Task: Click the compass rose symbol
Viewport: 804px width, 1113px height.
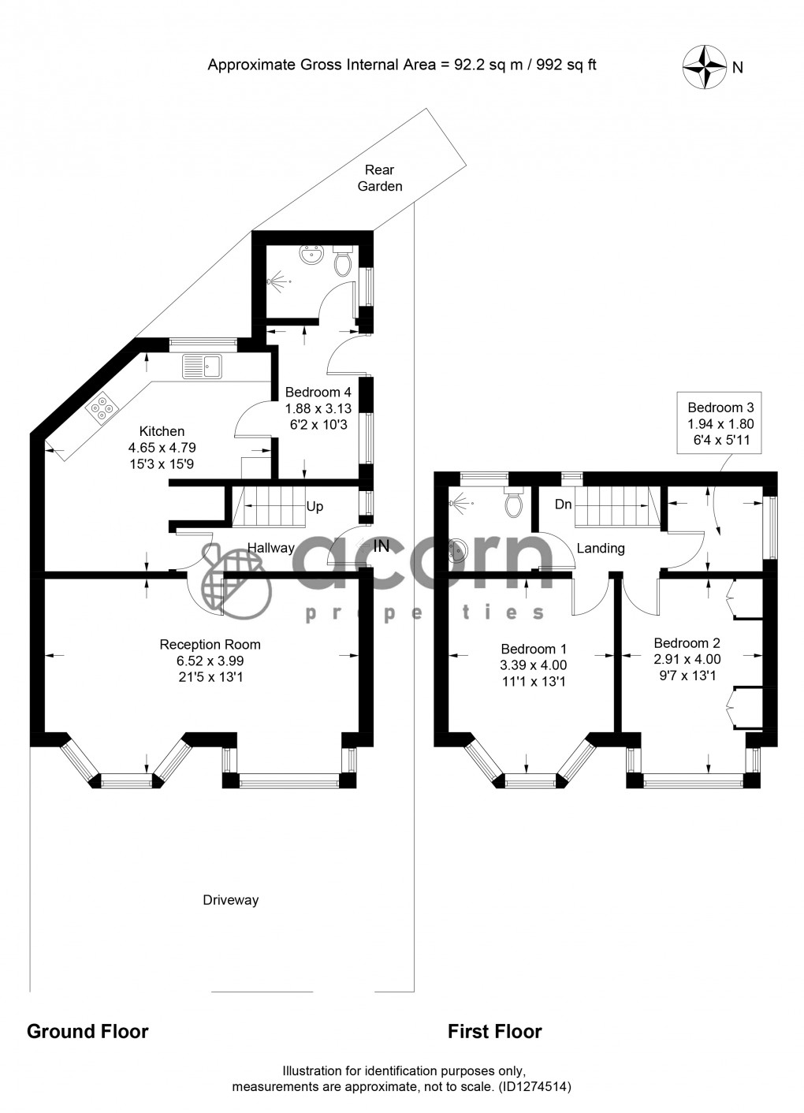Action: pos(704,65)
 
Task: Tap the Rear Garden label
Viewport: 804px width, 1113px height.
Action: pos(380,178)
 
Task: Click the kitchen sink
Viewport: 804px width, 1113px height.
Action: pos(203,366)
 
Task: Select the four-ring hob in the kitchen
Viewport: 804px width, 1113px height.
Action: pos(101,408)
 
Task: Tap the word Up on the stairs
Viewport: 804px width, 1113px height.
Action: pos(315,507)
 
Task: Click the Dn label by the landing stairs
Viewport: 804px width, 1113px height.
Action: pos(563,504)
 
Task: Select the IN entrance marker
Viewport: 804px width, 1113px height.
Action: pos(381,545)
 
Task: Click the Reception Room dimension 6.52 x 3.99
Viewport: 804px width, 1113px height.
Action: pos(210,661)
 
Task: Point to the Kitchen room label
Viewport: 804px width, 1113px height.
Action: pos(162,431)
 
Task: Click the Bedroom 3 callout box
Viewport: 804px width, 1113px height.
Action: pos(720,426)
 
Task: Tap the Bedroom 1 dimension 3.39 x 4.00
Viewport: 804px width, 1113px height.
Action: pos(534,665)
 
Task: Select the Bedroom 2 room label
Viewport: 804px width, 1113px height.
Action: pos(687,643)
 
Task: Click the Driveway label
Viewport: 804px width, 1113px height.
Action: pos(230,900)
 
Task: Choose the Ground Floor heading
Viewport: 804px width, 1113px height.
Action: pos(87,1031)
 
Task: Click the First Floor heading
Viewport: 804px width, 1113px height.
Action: pos(495,1031)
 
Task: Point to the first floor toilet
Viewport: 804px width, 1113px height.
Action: pos(516,502)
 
